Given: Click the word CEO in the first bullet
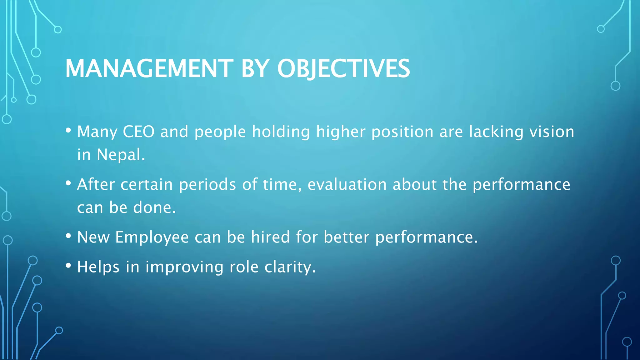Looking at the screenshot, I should [138, 132].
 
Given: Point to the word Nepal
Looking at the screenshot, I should [121, 155].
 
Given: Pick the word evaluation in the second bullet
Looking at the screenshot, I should [347, 184].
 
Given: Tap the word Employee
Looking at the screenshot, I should [152, 237].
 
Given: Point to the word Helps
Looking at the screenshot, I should [98, 267].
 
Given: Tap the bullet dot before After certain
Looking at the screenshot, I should [68, 183].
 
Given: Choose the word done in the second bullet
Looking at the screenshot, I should [154, 207].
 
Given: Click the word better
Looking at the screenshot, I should [346, 237].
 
